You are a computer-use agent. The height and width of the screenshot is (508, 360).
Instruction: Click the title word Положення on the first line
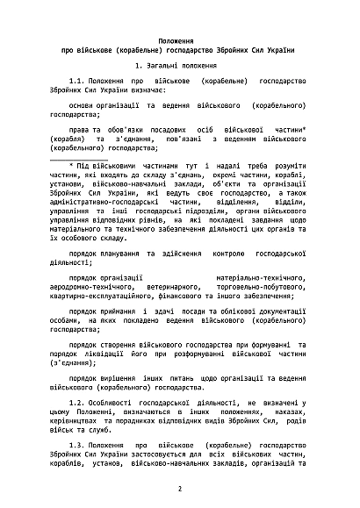click(x=179, y=41)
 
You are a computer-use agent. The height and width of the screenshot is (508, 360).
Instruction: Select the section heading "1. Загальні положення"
click(x=179, y=66)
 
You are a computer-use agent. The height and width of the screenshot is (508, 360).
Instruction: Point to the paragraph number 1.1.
click(x=79, y=79)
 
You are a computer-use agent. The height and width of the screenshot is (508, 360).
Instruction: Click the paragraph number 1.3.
click(x=79, y=446)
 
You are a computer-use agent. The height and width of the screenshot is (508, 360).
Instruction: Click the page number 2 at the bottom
click(x=179, y=490)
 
